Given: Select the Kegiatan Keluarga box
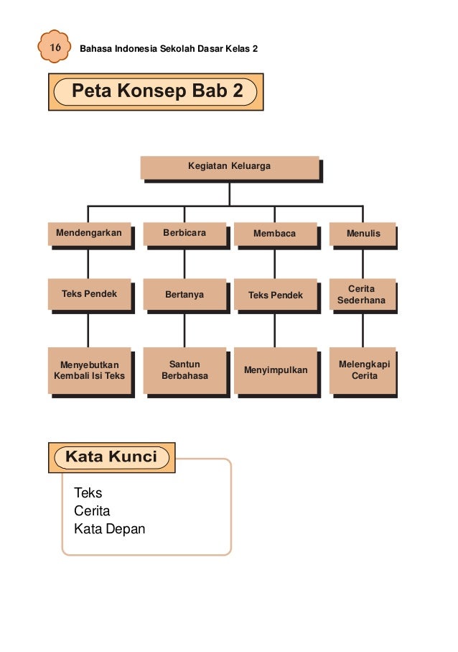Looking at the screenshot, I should (x=230, y=167).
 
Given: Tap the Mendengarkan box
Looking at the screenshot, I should (x=90, y=234).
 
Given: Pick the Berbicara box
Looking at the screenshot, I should (x=184, y=234).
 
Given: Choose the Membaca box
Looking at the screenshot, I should (x=275, y=234).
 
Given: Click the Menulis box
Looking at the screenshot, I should (x=363, y=234).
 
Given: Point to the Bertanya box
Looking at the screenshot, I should (x=184, y=294).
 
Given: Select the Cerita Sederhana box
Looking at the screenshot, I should (x=363, y=294).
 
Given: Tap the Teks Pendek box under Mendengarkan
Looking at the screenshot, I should (x=90, y=294).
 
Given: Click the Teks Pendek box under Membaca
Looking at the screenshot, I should (x=275, y=295).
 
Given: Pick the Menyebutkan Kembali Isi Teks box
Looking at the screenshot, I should (x=90, y=370).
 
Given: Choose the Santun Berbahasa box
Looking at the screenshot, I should (x=184, y=370).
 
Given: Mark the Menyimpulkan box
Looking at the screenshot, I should (x=275, y=370).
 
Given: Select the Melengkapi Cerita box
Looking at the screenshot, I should (x=363, y=370).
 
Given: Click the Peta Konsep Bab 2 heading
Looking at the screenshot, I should (x=156, y=92).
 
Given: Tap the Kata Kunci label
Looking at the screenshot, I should (x=111, y=457).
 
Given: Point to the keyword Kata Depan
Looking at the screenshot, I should (x=109, y=529).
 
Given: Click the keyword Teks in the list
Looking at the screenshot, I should (x=88, y=493).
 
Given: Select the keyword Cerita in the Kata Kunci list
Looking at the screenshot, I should (x=92, y=511).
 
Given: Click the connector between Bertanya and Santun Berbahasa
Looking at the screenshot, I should (x=184, y=330).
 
